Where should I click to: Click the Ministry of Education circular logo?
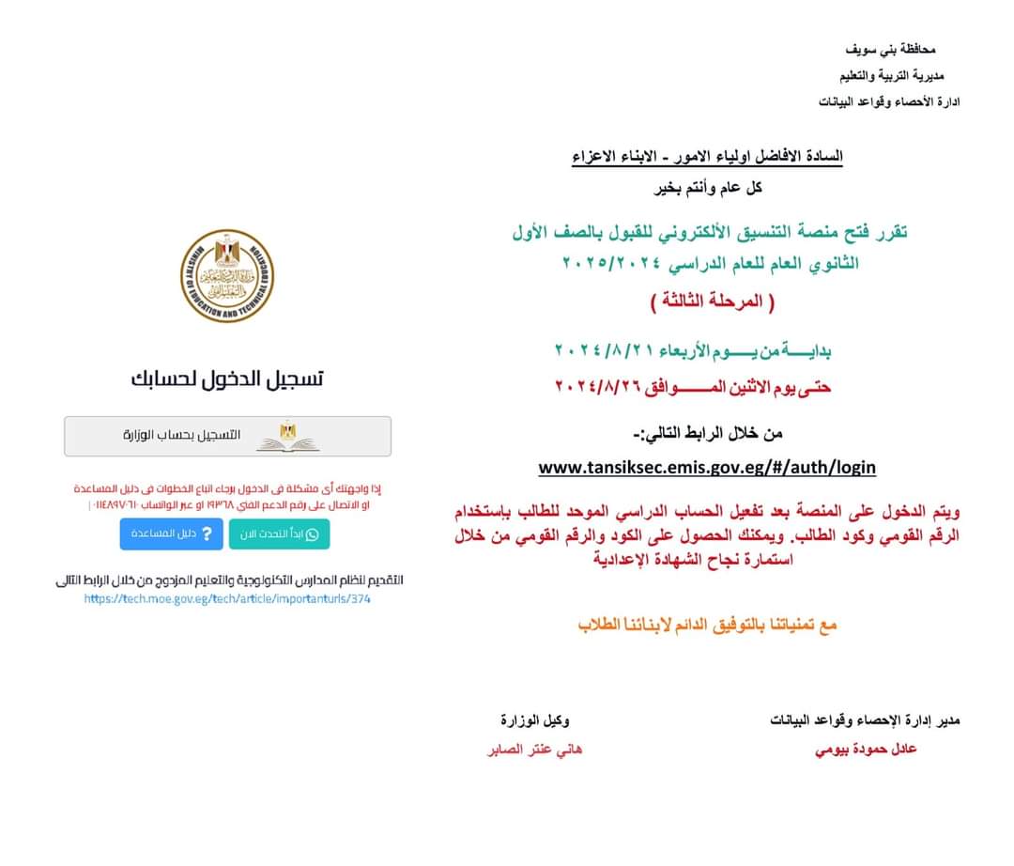pos(227,276)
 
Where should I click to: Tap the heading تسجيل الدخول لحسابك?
pos(227,379)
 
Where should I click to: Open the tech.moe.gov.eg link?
pos(227,598)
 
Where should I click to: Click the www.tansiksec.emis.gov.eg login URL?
pos(707,467)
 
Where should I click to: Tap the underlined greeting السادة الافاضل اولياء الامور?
pos(708,156)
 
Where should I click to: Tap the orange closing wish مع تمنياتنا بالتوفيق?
pos(706,625)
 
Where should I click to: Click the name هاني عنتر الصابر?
pos(534,750)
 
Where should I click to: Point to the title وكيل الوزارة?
pos(534,720)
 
